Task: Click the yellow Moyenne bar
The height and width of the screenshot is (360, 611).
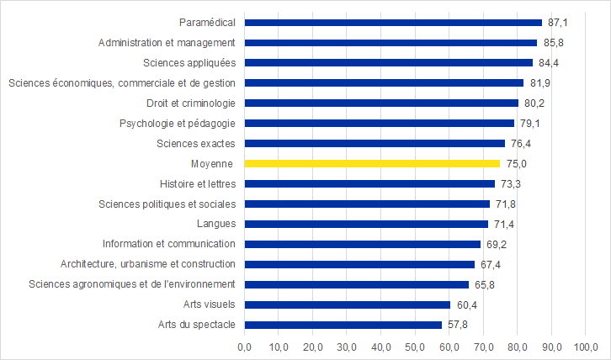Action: (372, 163)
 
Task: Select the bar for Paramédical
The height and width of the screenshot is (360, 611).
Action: (393, 22)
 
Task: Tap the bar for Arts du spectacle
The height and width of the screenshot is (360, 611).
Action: (343, 325)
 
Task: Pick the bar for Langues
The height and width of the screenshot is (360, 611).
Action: (366, 224)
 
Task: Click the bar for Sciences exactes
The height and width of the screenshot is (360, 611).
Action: (375, 143)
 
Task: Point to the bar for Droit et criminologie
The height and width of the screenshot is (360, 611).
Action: (381, 103)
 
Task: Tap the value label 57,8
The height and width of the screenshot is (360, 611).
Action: (456, 325)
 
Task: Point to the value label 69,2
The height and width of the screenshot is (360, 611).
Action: (496, 244)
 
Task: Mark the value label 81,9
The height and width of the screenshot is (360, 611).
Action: (539, 82)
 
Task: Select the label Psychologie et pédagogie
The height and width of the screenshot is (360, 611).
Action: (178, 123)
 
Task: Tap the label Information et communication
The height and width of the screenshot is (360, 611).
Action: (168, 244)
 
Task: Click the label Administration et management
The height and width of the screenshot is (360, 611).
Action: (167, 42)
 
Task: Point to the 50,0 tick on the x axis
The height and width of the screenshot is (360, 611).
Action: (416, 346)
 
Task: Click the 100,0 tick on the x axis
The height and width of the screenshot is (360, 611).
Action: (586, 346)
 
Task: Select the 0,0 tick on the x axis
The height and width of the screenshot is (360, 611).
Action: (245, 346)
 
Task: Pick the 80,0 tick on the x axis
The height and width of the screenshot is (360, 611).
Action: (518, 346)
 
